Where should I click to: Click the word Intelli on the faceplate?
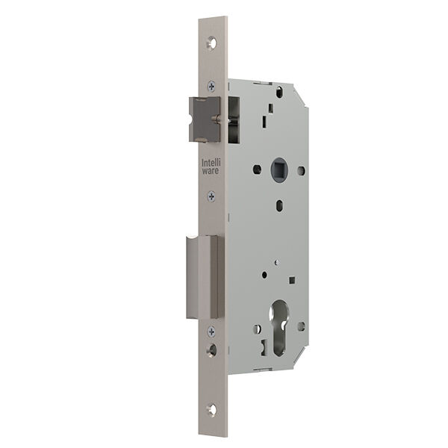[211, 163]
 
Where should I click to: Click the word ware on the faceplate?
[211, 170]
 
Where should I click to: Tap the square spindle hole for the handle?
[279, 170]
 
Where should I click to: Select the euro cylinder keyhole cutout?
[279, 328]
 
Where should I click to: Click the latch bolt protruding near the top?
[205, 119]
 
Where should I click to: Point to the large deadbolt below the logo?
[205, 277]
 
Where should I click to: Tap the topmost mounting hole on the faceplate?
[211, 43]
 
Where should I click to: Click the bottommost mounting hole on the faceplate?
[212, 409]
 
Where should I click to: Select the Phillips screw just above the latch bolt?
[211, 86]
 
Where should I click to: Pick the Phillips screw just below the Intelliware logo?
[211, 196]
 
